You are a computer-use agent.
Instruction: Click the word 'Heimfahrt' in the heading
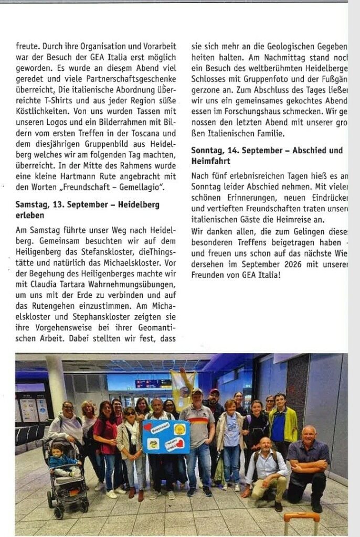click(x=210, y=161)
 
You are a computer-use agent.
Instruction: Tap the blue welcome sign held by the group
click(x=166, y=436)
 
